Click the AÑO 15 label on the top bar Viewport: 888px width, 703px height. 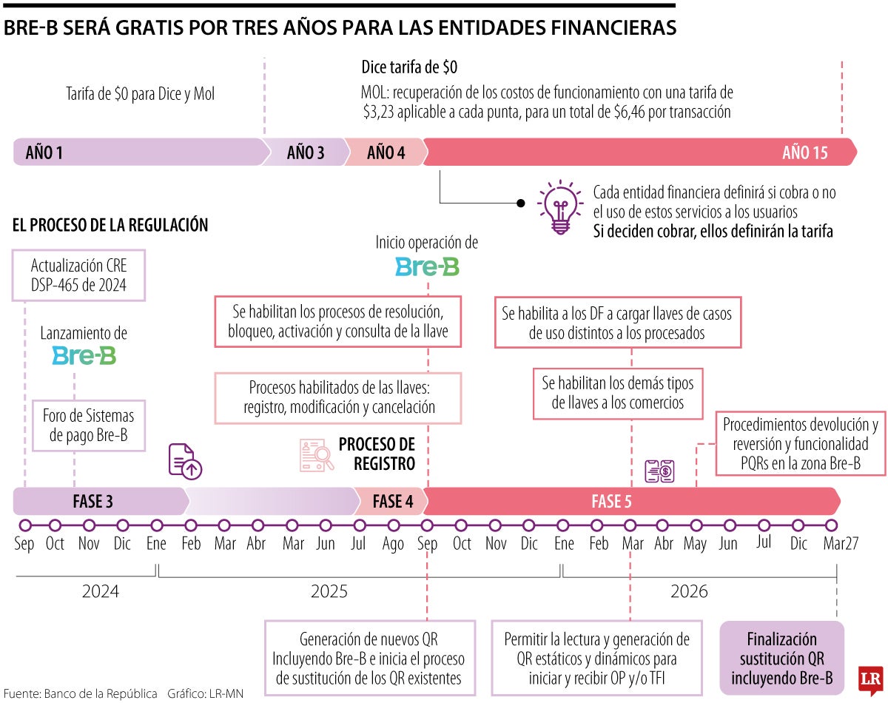pyautogui.click(x=804, y=153)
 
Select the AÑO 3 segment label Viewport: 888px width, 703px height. pyautogui.click(x=305, y=153)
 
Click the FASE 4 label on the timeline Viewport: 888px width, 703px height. pyautogui.click(x=392, y=502)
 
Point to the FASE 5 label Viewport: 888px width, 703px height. pyautogui.click(x=611, y=502)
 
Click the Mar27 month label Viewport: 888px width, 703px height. pyautogui.click(x=841, y=544)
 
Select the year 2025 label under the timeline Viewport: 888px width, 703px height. pyautogui.click(x=329, y=591)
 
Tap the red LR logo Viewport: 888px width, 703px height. pyautogui.click(x=870, y=677)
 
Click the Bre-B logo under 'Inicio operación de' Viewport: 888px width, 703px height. pyautogui.click(x=427, y=267)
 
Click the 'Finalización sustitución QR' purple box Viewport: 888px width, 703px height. pyautogui.click(x=781, y=659)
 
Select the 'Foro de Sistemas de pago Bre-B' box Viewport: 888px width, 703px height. pyautogui.click(x=88, y=425)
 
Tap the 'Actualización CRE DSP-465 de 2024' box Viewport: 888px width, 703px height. pyautogui.click(x=78, y=275)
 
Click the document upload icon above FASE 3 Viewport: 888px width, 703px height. pyautogui.click(x=185, y=461)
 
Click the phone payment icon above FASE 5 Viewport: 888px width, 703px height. pyautogui.click(x=659, y=471)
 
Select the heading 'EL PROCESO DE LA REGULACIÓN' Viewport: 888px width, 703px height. pyautogui.click(x=110, y=226)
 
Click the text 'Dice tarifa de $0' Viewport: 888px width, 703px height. pyautogui.click(x=409, y=68)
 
